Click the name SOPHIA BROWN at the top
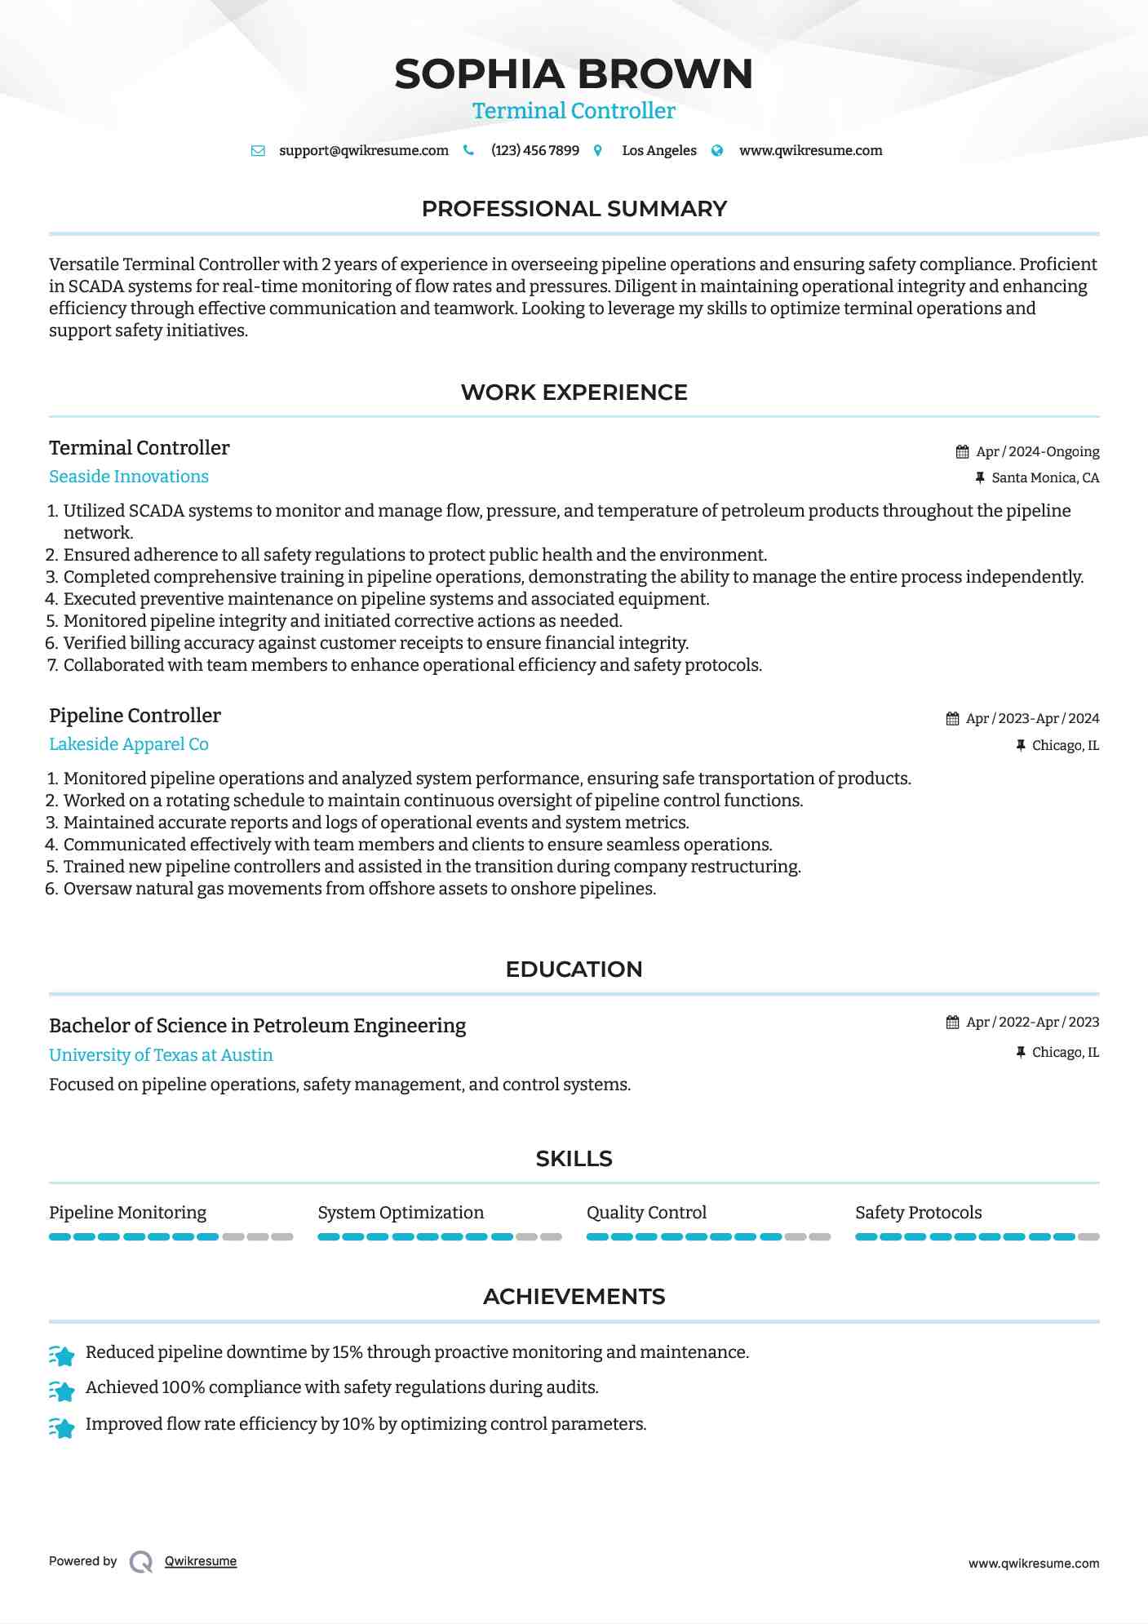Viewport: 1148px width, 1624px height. pos(573,74)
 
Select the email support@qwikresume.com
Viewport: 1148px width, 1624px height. pos(363,150)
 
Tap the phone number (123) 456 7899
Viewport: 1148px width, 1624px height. pos(534,150)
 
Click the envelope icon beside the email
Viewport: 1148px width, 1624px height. pos(258,150)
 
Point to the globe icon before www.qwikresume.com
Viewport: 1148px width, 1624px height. pos(717,150)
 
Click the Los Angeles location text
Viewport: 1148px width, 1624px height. pos(658,150)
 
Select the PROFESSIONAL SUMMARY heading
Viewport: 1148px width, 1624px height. pos(574,209)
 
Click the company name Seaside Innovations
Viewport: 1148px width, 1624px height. pos(128,477)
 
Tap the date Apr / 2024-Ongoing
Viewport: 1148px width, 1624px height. pos(1037,451)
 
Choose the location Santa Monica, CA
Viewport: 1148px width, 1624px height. pos(1044,477)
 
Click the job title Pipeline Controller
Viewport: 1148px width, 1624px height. pos(135,716)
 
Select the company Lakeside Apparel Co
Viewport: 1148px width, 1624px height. pos(128,744)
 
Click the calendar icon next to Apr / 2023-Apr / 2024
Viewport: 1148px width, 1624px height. pos(952,718)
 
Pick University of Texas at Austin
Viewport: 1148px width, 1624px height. pos(161,1055)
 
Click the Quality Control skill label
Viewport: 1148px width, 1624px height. pos(646,1213)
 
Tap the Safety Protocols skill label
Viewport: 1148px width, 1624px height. pos(918,1213)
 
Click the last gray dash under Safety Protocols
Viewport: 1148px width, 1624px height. pos(1088,1237)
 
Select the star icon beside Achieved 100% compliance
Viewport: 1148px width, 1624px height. pos(62,1390)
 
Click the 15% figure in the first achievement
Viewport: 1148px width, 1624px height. pos(347,1352)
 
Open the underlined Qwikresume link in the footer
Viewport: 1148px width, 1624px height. pos(200,1561)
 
